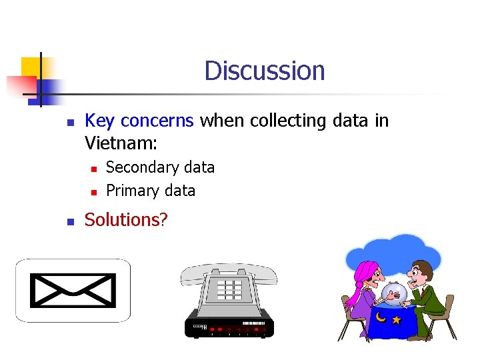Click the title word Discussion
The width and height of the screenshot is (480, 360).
265,71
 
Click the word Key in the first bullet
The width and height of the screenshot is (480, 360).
99,121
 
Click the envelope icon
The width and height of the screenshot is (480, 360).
74,290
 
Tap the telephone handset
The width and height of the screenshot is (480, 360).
229,271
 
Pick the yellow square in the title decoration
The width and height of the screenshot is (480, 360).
31,67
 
